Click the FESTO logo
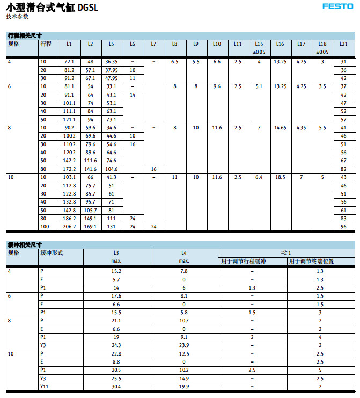[337, 6]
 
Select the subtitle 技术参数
[17, 17]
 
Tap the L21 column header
[344, 44]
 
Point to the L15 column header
[259, 44]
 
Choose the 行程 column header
[46, 44]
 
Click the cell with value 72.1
[69, 62]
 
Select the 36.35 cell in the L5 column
[111, 62]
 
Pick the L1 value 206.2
[69, 227]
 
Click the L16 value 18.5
[280, 177]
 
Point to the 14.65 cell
[280, 128]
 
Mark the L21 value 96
[344, 227]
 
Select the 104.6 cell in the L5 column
[111, 169]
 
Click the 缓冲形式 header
[52, 252]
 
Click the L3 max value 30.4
[116, 387]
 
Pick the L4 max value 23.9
[184, 345]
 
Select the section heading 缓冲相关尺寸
[25, 244]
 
